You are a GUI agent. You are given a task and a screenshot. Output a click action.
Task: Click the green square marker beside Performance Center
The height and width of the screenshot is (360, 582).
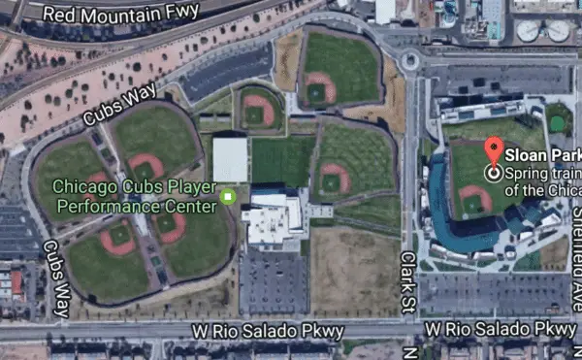click(x=228, y=197)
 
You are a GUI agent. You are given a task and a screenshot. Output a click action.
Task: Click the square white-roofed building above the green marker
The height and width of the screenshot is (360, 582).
click(x=230, y=159)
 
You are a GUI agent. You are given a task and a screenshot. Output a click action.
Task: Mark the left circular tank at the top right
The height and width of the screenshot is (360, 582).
click(x=529, y=31)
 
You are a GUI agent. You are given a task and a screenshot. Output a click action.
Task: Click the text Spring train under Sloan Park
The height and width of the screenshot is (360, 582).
click(x=543, y=173)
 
